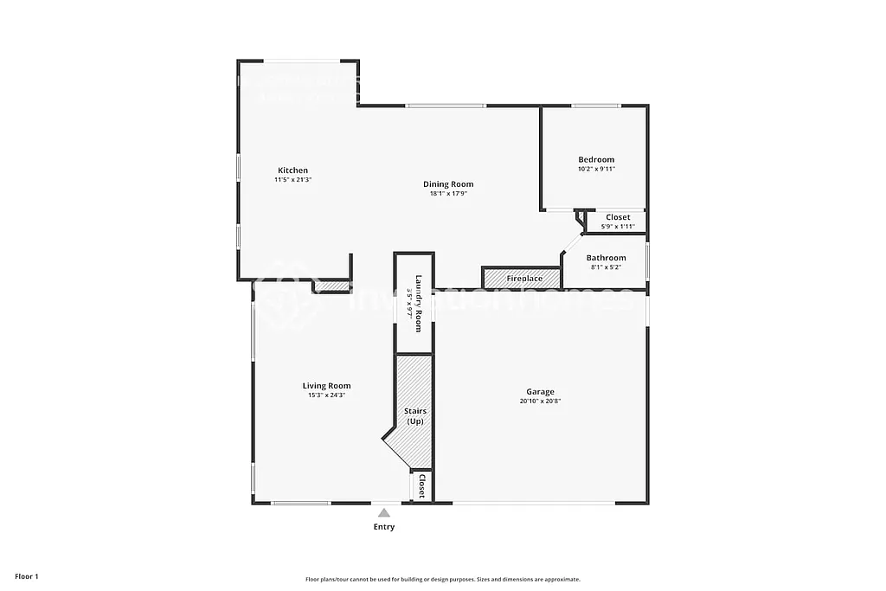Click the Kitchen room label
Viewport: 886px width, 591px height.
(x=292, y=170)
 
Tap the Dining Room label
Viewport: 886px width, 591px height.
(x=448, y=184)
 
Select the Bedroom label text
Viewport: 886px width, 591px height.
(x=596, y=159)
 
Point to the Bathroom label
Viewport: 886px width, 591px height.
(x=606, y=258)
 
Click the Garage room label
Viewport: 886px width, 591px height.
(x=541, y=392)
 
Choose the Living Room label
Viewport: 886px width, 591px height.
(x=326, y=386)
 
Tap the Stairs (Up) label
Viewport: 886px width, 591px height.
(x=415, y=416)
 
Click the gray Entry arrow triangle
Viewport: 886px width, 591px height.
(x=383, y=513)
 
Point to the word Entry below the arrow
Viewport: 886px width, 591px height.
(x=383, y=527)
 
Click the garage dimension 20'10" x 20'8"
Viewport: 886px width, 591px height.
(x=541, y=401)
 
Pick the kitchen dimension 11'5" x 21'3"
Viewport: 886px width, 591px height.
(x=292, y=180)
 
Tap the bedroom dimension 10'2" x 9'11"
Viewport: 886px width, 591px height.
(x=596, y=169)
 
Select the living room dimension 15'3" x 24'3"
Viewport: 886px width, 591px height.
(x=326, y=395)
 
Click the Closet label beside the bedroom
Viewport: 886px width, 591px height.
(x=618, y=217)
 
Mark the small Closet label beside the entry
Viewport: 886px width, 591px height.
(x=421, y=485)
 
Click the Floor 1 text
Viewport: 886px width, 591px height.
(x=26, y=576)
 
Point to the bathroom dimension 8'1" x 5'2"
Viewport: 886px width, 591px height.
(x=606, y=267)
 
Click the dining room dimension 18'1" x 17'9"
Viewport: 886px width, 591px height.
(x=448, y=194)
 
